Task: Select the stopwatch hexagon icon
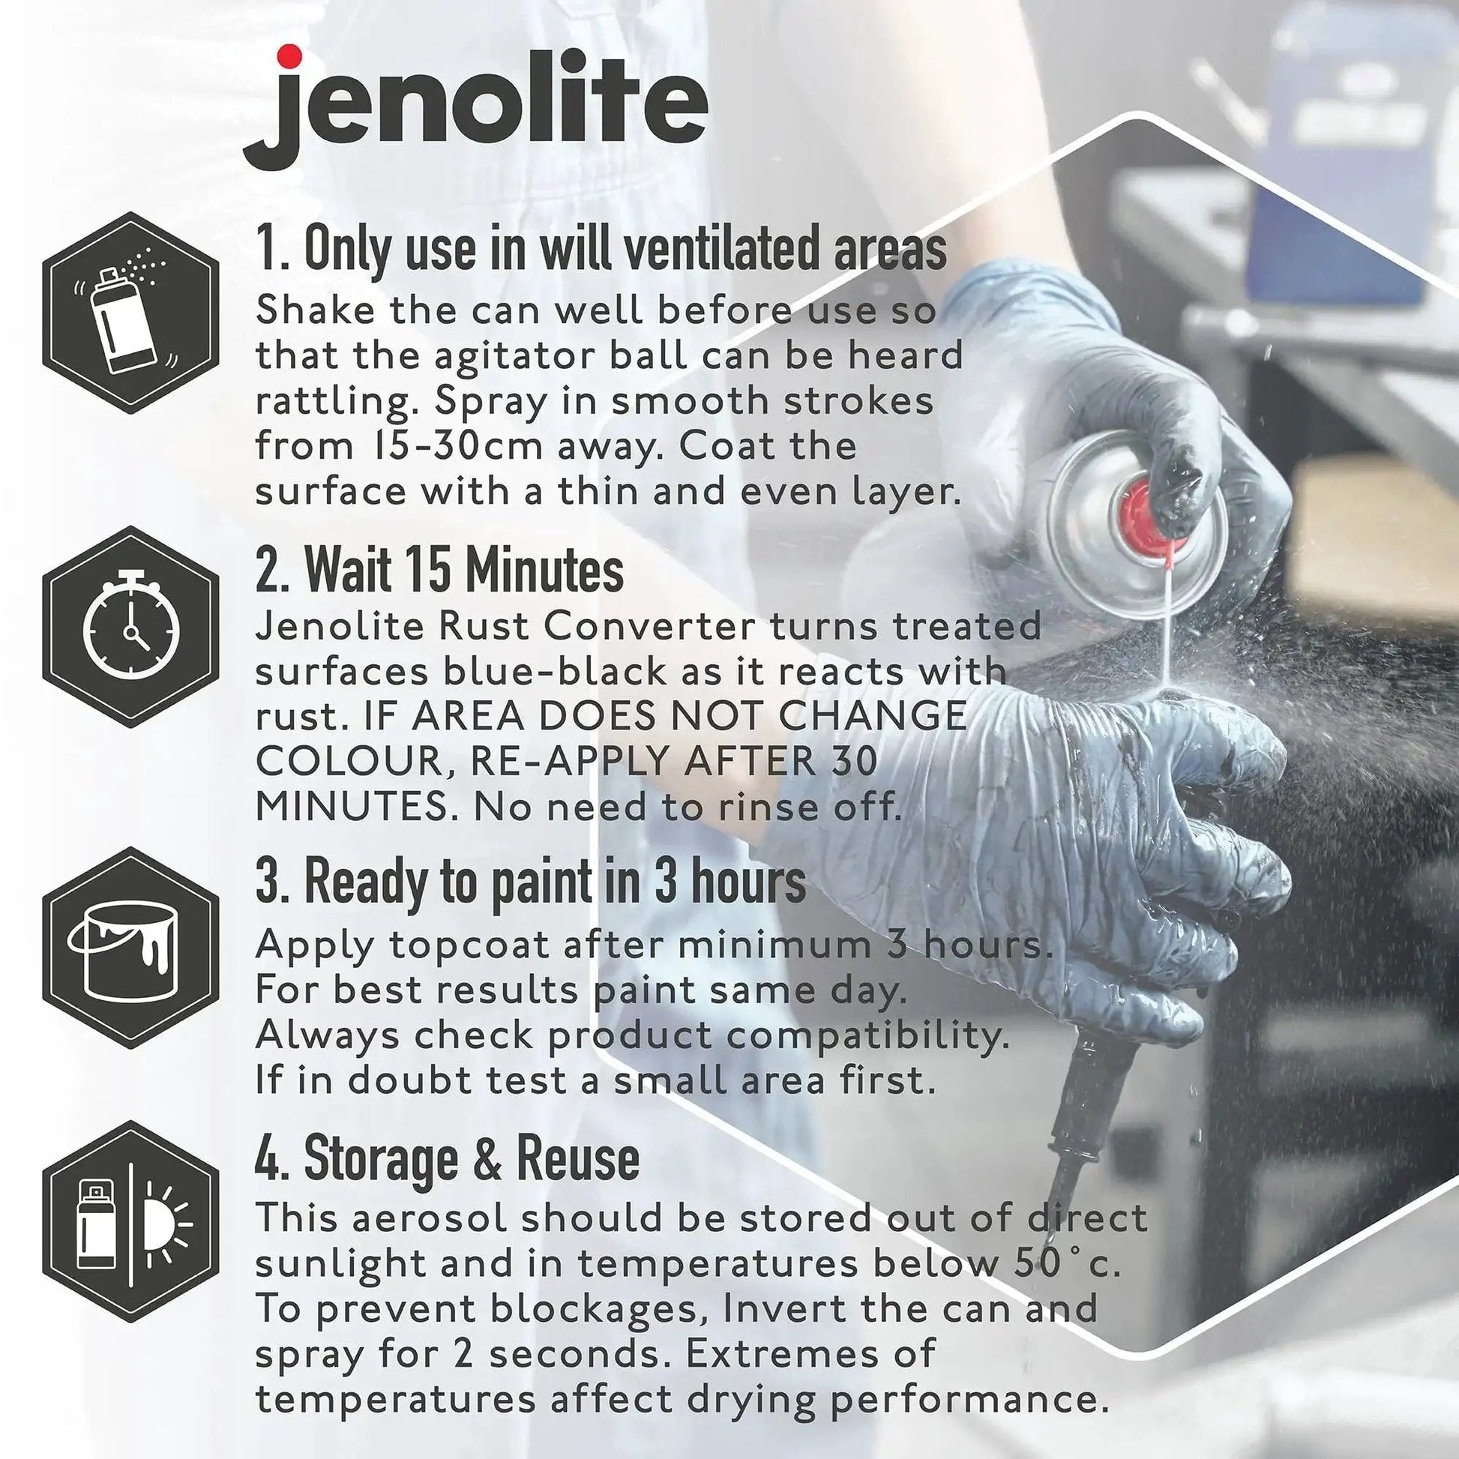point(130,627)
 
